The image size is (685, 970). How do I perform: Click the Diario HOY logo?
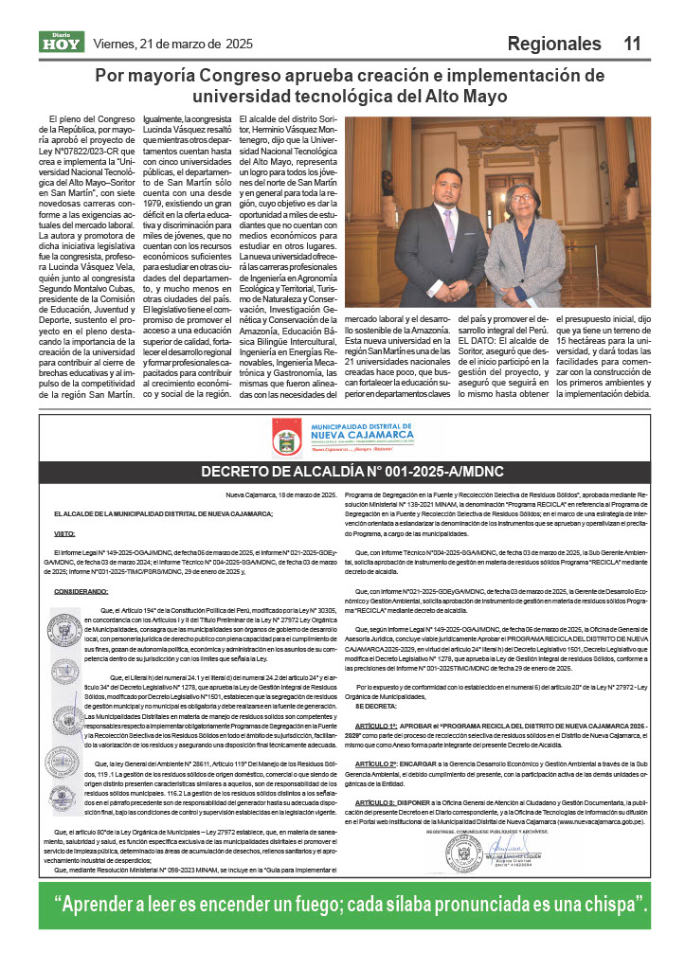62,42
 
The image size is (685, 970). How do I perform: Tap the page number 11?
632,44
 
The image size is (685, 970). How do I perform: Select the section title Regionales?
554,44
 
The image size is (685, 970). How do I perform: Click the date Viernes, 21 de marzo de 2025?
172,44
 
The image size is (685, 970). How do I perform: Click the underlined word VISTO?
63,533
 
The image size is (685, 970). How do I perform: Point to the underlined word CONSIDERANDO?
81,590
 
